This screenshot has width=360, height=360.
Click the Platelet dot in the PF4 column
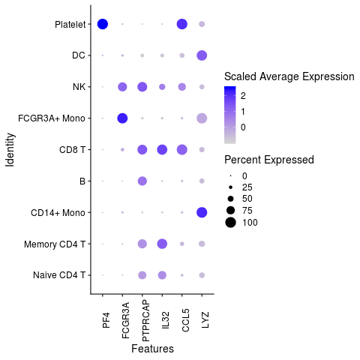[103, 24]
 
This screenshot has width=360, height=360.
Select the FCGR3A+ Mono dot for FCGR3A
[122, 118]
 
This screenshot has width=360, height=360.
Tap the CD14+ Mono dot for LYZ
[201, 213]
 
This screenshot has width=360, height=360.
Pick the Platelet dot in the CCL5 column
[181, 24]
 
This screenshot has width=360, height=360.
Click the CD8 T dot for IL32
[162, 150]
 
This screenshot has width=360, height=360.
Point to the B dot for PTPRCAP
[142, 181]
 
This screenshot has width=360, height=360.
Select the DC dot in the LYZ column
[201, 55]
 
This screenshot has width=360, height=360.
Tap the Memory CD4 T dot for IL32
[162, 244]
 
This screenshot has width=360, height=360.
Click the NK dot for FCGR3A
[122, 87]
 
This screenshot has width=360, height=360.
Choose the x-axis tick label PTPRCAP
[142, 319]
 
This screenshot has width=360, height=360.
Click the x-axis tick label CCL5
[181, 312]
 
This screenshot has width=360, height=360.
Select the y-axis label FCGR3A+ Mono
[55, 118]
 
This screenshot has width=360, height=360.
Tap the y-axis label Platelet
[70, 24]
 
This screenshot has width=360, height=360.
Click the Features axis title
[152, 349]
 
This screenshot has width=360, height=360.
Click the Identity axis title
[10, 150]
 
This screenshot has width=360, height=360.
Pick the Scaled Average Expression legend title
[289, 76]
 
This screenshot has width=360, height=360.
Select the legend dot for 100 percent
[231, 222]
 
